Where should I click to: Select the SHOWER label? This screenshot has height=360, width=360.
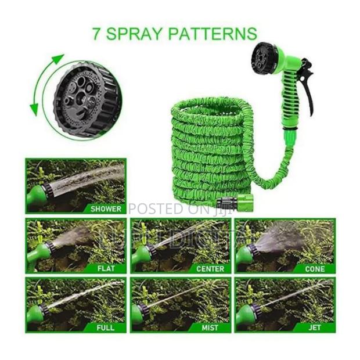106,208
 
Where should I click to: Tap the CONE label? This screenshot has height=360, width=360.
314,269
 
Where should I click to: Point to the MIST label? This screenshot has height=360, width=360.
211,328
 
